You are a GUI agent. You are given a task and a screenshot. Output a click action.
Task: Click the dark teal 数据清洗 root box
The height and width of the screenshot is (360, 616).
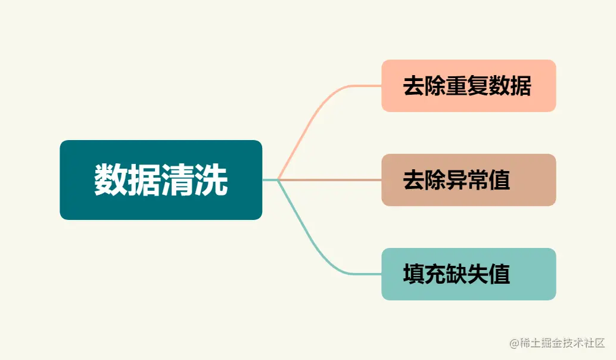161,179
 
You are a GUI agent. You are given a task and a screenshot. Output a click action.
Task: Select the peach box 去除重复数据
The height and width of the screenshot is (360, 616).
468,86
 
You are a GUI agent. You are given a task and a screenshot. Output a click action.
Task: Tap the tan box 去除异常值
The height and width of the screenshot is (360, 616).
468,180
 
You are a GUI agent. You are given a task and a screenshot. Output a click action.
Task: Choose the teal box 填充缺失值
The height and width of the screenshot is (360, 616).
468,274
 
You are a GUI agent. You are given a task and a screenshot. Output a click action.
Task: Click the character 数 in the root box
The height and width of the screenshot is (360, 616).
111,179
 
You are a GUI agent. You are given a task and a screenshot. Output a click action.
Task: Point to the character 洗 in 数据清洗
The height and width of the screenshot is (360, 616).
211,179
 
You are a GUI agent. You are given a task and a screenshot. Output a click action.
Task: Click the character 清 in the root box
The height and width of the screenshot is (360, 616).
178,179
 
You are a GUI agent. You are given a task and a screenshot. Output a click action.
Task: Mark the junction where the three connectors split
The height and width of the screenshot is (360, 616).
278,179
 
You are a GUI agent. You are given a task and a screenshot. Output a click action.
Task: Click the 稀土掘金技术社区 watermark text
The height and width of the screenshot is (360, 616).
562,343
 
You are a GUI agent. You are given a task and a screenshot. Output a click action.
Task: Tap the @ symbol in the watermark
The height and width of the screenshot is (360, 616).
514,344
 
